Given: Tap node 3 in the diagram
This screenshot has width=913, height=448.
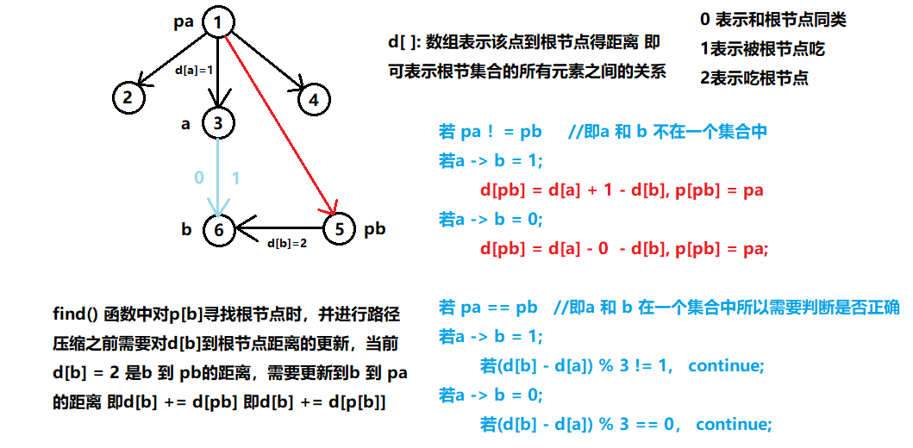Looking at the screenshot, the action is (218, 123).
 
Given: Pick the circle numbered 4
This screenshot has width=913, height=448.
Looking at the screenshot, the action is (314, 100).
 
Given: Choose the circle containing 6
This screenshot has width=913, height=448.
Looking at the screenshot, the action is (219, 230).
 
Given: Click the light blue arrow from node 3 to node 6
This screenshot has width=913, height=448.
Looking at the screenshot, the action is (218, 177).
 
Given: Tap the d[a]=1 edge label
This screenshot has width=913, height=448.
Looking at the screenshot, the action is (193, 70).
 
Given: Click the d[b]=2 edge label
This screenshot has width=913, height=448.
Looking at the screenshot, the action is (286, 244).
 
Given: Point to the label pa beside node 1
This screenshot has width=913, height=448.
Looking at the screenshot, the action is (184, 19).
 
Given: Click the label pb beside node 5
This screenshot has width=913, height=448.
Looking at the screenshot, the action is (374, 229).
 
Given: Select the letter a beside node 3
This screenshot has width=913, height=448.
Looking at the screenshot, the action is (185, 124).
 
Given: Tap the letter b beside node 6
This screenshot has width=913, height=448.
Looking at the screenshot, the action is (186, 230).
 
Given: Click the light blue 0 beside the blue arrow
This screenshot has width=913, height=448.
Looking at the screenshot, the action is (199, 177).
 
